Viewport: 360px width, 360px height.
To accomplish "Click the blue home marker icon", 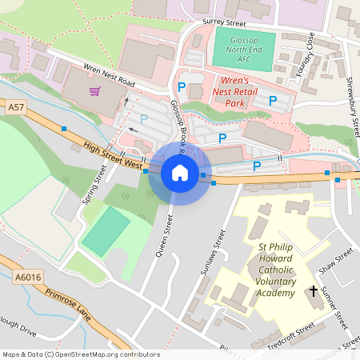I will coord(179,173).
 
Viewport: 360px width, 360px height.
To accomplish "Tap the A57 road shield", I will coord(15,106).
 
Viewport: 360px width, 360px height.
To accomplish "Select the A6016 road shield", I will coord(26,277).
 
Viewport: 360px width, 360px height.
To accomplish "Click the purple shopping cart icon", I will coord(95,90).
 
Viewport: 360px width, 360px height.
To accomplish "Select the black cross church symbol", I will coord(313,291).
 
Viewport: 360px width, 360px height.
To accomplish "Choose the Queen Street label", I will coord(163,239).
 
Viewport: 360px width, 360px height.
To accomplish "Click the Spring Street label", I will coord(94,185).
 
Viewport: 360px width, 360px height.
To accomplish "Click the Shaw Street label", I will coord(336,260).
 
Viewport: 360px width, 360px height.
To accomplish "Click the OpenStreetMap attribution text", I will coord(80,354).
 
